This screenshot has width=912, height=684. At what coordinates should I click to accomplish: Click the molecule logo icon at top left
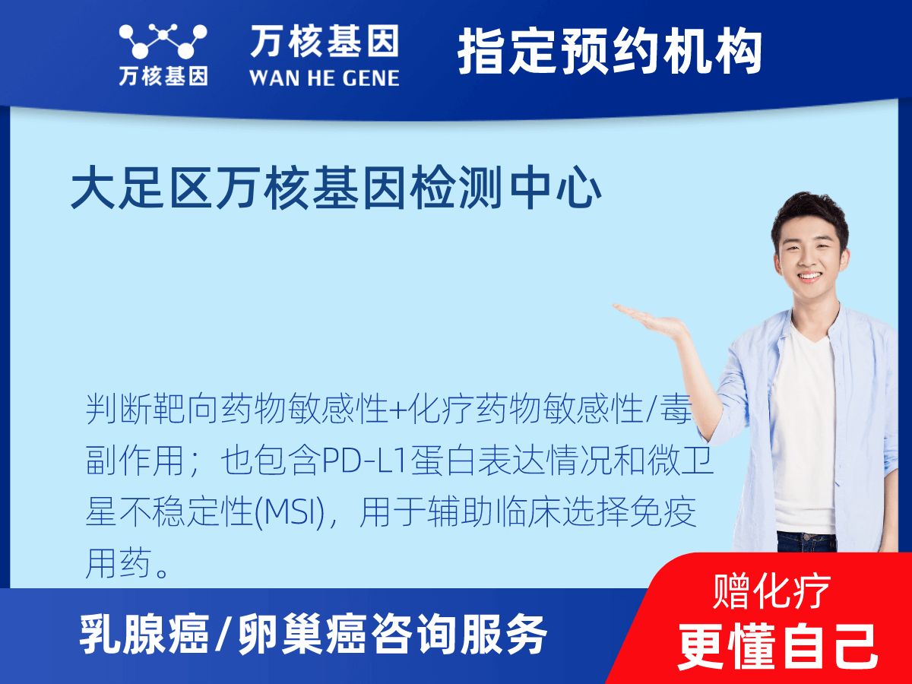coord(163,41)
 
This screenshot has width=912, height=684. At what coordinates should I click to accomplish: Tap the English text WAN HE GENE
coord(325,77)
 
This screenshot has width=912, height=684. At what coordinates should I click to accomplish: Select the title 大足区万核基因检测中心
coord(336,191)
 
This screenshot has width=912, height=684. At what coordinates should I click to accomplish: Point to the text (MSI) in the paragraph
coord(293,515)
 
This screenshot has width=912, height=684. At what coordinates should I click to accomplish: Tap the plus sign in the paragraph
coord(398,411)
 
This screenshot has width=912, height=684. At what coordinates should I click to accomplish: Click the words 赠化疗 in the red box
coord(772,590)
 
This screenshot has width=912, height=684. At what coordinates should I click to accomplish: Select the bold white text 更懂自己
coord(777,645)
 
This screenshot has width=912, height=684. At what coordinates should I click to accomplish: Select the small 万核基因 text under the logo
coord(163,77)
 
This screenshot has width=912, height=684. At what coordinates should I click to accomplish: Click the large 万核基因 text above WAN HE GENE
coord(325,41)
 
